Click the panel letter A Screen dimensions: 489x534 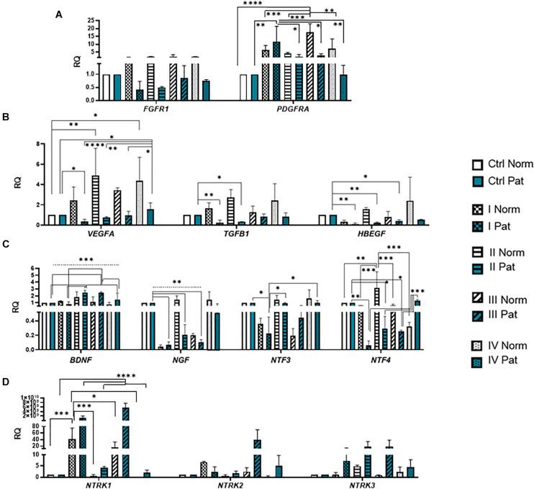[60, 14]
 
